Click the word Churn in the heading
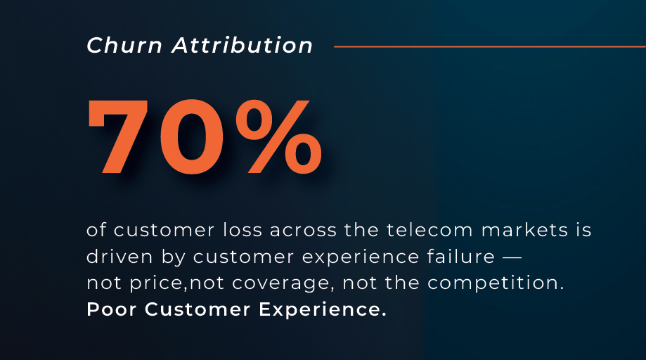click(124, 45)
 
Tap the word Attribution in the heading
click(243, 45)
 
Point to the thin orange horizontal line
click(490, 46)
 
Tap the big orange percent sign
click(278, 136)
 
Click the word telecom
click(429, 230)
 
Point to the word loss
click(243, 230)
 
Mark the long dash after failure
click(512, 258)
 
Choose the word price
click(157, 283)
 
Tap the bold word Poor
click(111, 309)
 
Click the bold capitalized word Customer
click(198, 309)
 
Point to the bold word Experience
click(323, 310)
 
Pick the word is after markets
click(583, 230)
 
